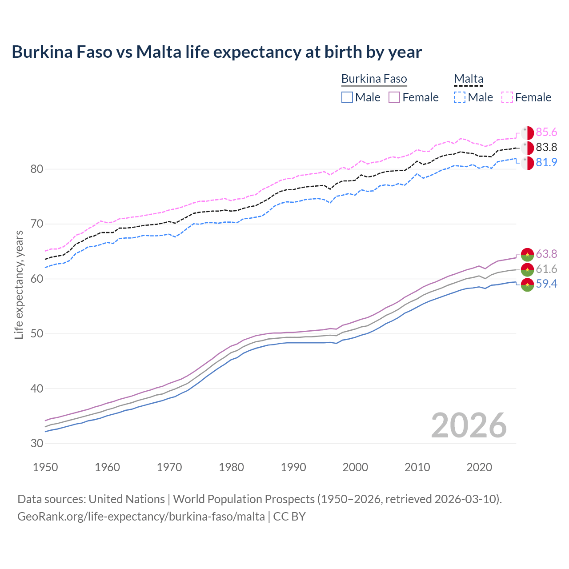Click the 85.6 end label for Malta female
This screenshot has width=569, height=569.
[546, 132]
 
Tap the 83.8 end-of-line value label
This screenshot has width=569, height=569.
[546, 148]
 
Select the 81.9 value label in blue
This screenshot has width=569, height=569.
[546, 163]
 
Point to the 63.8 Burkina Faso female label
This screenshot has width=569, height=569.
[546, 254]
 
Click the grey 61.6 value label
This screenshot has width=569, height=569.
[546, 269]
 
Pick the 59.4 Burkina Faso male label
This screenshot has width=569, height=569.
[546, 284]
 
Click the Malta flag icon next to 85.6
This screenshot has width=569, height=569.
[527, 133]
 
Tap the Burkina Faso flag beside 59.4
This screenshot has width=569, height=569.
[527, 285]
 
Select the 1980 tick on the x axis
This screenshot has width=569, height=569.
[232, 467]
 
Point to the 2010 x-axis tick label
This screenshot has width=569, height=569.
[417, 467]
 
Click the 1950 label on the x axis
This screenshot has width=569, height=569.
[46, 467]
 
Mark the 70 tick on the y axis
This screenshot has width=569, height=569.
[37, 224]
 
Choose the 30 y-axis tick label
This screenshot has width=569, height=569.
[37, 444]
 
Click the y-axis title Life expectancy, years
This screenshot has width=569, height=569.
[19, 284]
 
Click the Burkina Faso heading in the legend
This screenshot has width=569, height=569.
[374, 79]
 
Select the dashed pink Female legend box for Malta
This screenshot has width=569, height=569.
[507, 97]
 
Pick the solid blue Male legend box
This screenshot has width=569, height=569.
[347, 97]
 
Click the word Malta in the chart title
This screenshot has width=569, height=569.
[159, 52]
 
